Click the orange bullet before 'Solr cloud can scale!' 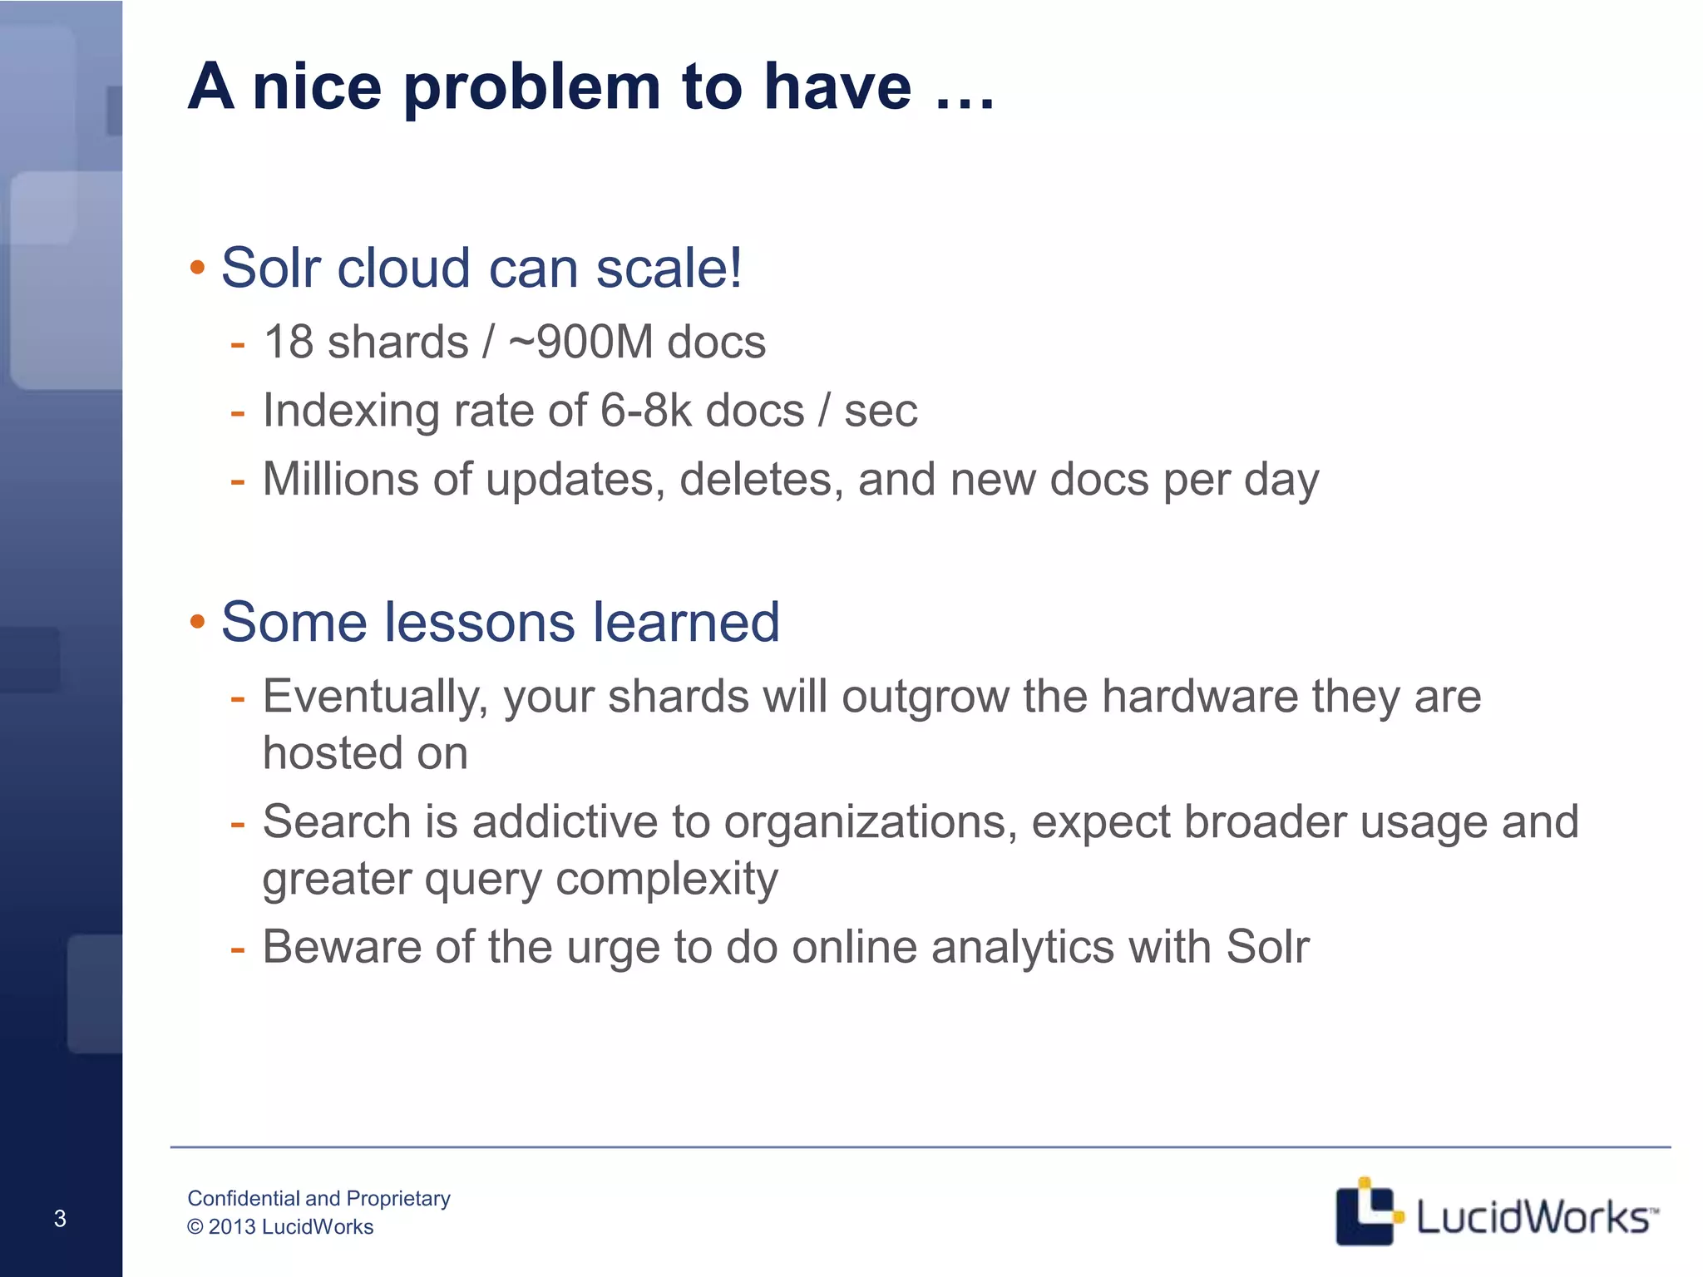coord(197,269)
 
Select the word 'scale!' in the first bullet coord(669,269)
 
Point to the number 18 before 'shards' coord(288,343)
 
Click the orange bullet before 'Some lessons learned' coord(197,622)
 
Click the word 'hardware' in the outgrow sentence coord(1199,696)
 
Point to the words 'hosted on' coord(365,753)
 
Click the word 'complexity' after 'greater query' coord(666,880)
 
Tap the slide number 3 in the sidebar coord(60,1219)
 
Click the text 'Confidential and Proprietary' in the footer coord(318,1198)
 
